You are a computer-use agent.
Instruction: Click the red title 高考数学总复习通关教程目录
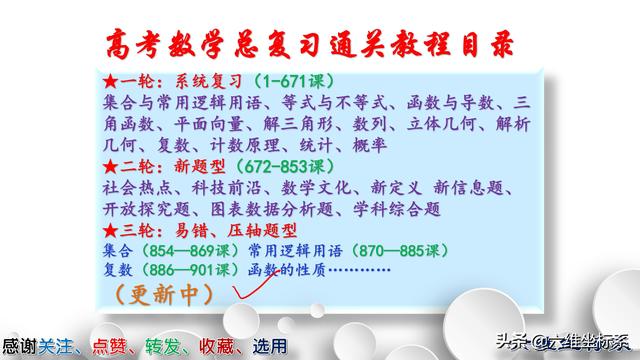click(x=320, y=41)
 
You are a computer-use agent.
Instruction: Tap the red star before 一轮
click(x=111, y=80)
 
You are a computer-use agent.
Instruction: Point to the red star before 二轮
click(x=111, y=167)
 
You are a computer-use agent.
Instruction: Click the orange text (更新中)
click(x=166, y=295)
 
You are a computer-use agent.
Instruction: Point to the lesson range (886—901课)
click(x=194, y=271)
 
